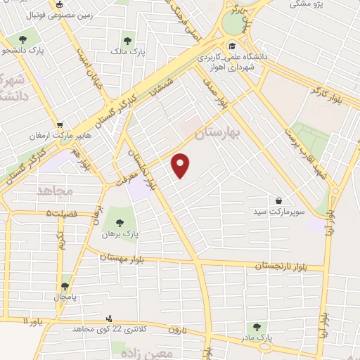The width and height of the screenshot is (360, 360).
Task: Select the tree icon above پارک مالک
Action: (127, 40)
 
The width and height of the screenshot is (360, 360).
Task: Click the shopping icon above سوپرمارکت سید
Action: (280, 200)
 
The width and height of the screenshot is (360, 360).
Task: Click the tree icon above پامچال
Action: (65, 285)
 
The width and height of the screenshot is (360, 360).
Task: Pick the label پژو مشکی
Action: (309, 4)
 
